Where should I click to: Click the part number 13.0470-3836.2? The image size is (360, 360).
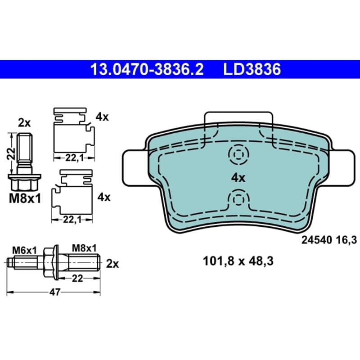point(147,69)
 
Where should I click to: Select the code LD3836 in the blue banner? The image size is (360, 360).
point(252,69)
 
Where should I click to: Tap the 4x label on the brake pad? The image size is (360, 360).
point(238,178)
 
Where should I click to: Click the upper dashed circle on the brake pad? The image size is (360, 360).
point(239,154)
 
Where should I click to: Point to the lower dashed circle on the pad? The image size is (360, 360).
point(239,199)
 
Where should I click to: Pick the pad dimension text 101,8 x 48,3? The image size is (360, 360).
point(238,261)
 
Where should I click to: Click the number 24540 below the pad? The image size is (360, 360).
point(317,240)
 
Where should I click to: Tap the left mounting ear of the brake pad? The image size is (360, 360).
point(135,167)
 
